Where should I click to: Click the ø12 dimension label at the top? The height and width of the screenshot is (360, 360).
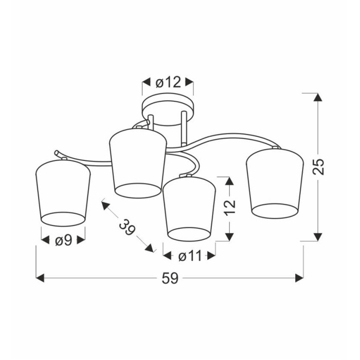pos(168,82)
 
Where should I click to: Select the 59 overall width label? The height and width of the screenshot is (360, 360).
pos(170,279)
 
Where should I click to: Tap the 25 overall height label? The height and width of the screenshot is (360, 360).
pos(318,167)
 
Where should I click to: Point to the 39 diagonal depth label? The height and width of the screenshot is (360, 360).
pos(128,227)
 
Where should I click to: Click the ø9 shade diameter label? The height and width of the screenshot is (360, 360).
pos(64,241)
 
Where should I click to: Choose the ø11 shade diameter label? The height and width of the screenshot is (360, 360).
pos(190,256)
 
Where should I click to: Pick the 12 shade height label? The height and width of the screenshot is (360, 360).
pos(230,208)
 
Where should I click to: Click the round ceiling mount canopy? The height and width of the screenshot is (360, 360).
pos(168,109)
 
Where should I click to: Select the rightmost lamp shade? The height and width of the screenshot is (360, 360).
pos(275,183)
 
